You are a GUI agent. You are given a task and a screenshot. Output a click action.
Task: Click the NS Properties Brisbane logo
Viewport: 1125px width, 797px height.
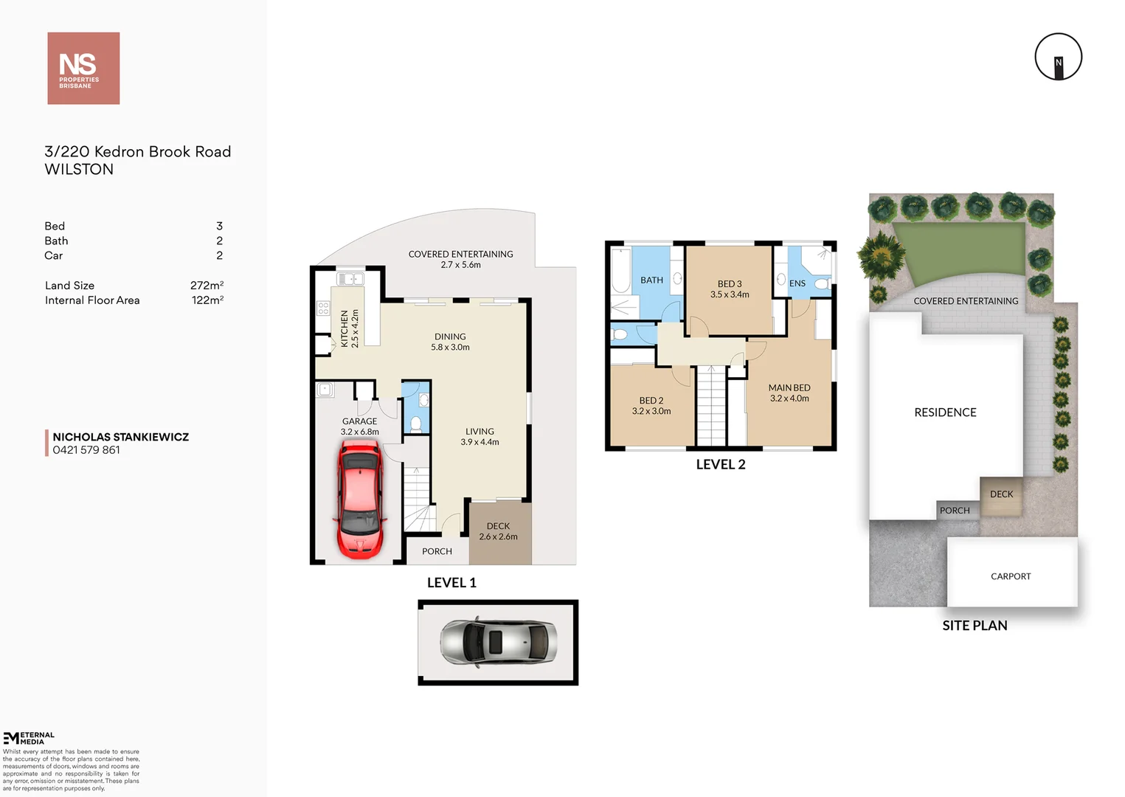[83, 68]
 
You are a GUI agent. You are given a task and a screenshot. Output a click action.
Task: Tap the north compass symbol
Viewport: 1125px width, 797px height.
[1058, 57]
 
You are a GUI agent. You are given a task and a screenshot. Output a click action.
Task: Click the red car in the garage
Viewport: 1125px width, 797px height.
[360, 499]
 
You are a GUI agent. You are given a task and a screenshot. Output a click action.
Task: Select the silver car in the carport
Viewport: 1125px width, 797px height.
[498, 641]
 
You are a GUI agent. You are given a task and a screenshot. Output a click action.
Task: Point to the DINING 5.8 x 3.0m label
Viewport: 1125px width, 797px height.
[450, 342]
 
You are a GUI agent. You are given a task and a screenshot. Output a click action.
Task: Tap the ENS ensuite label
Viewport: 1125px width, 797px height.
[797, 283]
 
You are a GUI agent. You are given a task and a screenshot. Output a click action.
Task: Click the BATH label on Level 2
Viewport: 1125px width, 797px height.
[651, 280]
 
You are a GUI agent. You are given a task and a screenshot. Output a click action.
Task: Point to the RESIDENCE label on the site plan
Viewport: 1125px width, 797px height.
[945, 413]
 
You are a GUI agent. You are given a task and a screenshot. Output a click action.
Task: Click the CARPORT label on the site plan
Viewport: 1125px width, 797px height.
[1011, 576]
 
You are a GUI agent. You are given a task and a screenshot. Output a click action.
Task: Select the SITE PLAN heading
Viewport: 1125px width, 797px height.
[975, 626]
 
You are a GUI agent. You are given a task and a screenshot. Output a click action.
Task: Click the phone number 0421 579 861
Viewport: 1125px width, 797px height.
[86, 450]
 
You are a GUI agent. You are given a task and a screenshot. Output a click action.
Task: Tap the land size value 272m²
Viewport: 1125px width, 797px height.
[207, 286]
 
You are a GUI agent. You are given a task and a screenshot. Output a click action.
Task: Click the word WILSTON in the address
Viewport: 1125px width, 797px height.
[79, 170]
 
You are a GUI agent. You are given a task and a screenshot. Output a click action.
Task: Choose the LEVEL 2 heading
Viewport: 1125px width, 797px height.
[721, 465]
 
